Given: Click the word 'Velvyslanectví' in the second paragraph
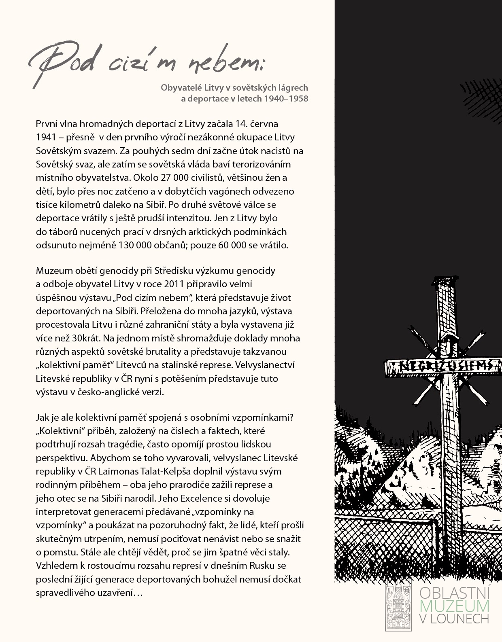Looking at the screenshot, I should point(269,365).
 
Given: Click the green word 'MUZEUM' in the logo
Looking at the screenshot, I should point(454,605).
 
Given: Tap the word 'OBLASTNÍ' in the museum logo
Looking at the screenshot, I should point(454,593).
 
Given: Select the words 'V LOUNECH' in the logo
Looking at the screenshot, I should point(454,618).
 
